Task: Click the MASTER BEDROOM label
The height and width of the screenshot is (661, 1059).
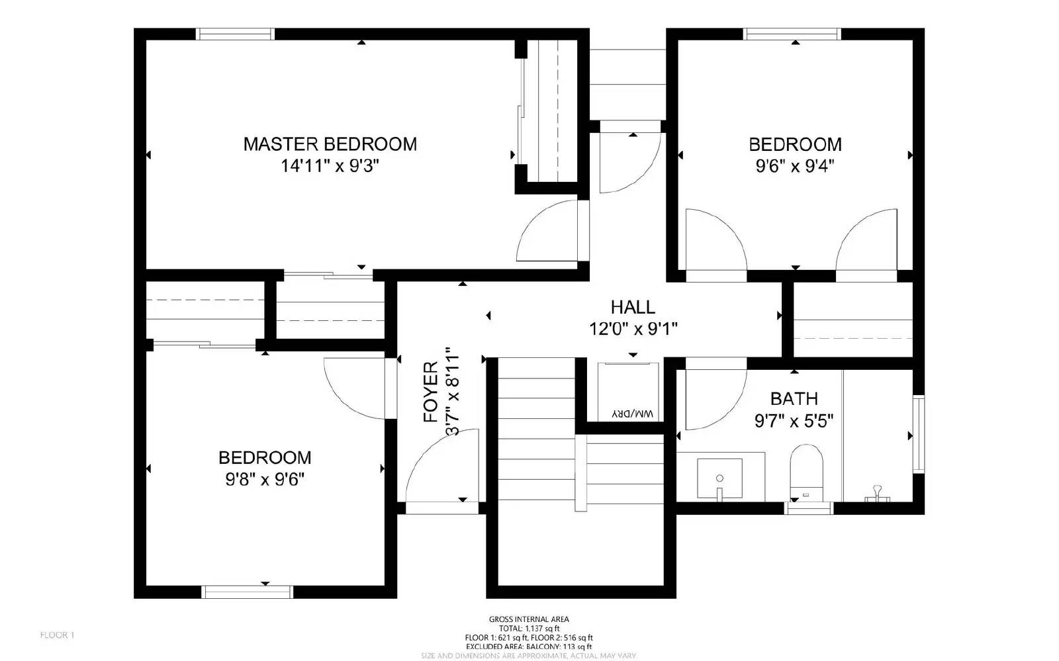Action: point(330,144)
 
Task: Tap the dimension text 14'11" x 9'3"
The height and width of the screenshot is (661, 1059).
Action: point(330,165)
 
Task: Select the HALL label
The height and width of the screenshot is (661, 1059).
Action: point(633,307)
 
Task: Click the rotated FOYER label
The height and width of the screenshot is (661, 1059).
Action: point(431,392)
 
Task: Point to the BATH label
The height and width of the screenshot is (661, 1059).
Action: point(794,398)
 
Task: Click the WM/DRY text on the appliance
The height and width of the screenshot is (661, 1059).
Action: point(633,414)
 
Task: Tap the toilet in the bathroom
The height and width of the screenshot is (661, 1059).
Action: point(806,471)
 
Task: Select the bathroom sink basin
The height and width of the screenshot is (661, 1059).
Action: point(719,478)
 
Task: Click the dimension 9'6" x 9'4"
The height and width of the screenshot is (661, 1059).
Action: point(794,165)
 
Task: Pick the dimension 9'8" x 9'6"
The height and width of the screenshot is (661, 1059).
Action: point(265,479)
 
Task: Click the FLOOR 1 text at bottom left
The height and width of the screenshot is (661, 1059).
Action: point(57,635)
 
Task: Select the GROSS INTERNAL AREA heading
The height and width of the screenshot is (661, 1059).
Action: point(529,619)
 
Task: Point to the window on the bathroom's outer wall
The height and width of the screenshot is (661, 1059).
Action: point(919,433)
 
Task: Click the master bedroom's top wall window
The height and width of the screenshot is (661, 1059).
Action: point(236,34)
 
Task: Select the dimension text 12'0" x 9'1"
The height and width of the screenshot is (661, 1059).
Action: point(633,328)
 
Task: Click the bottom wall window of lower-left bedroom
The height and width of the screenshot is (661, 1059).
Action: point(247,591)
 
